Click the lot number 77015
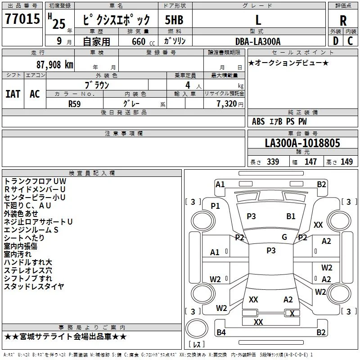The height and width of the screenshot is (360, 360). tap(22, 18)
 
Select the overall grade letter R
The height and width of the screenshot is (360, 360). tap(343, 20)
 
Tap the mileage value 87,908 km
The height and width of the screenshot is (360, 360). tap(55, 65)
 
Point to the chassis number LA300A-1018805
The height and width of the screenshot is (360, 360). tap(302, 143)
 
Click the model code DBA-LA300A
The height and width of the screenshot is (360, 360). tap(258, 41)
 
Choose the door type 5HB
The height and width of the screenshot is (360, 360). tap(174, 20)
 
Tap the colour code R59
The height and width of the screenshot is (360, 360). tap(74, 104)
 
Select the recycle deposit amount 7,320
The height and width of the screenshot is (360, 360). tap(227, 104)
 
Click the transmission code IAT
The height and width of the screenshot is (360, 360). tap(13, 94)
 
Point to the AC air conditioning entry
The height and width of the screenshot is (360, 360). tap(35, 94)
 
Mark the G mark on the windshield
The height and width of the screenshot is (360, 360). tap(284, 237)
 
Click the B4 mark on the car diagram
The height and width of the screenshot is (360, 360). tap(221, 332)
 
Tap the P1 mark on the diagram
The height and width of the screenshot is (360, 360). tap(216, 206)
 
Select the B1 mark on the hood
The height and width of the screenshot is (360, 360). tap(291, 216)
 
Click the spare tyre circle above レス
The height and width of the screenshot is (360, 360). tap(197, 328)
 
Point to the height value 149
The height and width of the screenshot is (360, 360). tap(346, 162)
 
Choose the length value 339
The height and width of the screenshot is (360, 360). tap(273, 162)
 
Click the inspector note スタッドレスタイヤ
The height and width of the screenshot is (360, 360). tap(34, 286)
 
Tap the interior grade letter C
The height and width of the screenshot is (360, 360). tap(350, 41)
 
